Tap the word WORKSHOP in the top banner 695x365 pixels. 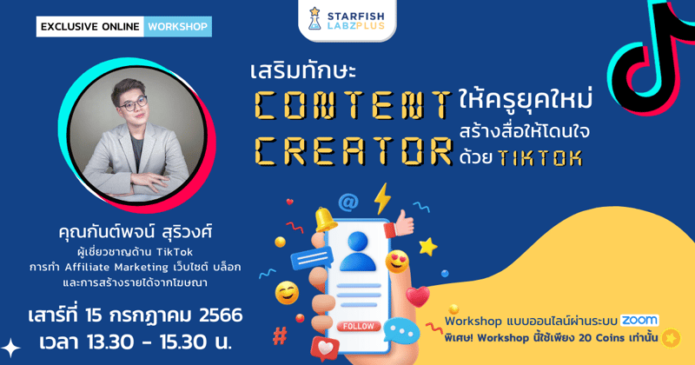[178, 26]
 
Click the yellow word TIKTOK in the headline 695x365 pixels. [544, 159]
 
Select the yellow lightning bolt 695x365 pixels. [382, 197]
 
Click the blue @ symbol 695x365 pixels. [348, 202]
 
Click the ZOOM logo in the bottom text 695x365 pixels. [639, 320]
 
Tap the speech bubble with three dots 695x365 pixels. [400, 331]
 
